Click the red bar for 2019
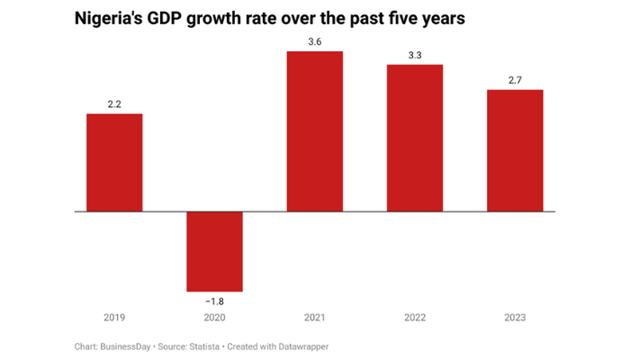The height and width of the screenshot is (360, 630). coord(114,163)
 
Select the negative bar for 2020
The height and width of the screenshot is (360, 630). coord(214,251)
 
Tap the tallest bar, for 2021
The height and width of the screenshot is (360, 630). coord(314,131)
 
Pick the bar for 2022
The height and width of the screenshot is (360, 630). coord(414,138)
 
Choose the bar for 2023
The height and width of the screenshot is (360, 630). coord(514,150)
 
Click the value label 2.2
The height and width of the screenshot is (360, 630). coord(114,104)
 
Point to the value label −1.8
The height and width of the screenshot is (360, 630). coord(214,301)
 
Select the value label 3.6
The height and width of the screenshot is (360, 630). coord(314,41)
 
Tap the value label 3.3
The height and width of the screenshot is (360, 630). coord(414,55)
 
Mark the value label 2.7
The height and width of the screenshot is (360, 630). coord(514,80)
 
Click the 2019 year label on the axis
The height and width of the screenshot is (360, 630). coord(114,318)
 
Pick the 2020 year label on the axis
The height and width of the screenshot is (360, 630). coord(214,318)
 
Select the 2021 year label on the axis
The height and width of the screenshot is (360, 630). coord(314,318)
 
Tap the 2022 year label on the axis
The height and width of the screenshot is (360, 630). coord(414,318)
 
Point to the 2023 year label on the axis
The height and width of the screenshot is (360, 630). coord(514,318)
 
